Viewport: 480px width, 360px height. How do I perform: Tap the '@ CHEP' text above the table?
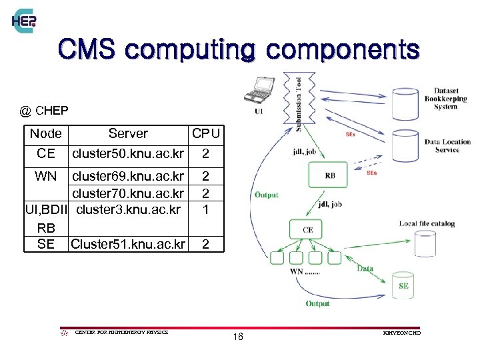[x=44, y=109]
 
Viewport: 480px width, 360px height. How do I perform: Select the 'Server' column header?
[x=128, y=133]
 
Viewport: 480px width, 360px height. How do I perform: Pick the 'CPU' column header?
[x=205, y=133]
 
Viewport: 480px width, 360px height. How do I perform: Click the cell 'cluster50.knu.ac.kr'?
[x=128, y=154]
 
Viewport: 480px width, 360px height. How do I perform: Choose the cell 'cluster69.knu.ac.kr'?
[x=128, y=177]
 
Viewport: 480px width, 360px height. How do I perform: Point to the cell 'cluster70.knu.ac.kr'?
[x=128, y=193]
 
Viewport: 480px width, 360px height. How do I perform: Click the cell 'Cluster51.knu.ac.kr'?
[x=127, y=244]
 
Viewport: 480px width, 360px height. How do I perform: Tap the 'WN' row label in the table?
[x=46, y=177]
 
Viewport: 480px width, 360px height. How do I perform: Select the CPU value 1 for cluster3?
[x=205, y=210]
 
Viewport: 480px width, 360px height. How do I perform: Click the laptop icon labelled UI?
[x=259, y=91]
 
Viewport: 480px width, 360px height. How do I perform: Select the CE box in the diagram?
[x=308, y=229]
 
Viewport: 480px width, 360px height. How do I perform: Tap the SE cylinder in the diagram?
[x=403, y=285]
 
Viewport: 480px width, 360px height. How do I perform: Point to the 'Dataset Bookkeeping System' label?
[x=445, y=99]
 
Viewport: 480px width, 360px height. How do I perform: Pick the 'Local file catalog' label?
[x=427, y=223]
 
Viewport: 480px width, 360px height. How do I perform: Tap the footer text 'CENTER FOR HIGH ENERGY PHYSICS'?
[x=122, y=332]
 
